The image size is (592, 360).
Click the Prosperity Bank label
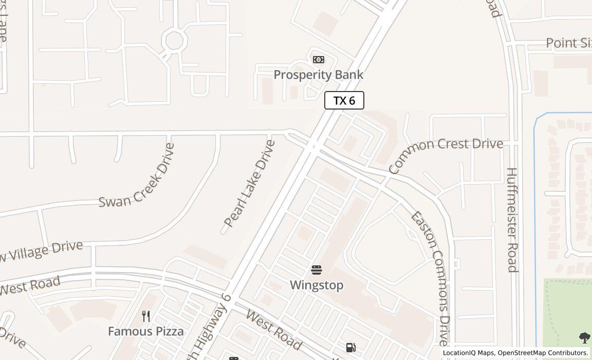(318, 75)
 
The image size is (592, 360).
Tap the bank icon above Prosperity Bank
(319, 60)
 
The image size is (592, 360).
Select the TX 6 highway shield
(344, 100)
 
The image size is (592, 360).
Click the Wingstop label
(316, 285)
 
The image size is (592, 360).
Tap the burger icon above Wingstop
(317, 270)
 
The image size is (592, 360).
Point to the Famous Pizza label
(146, 331)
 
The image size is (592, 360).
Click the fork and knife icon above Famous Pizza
(146, 316)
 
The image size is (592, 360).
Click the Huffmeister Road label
(512, 220)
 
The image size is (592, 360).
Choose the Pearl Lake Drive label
(250, 183)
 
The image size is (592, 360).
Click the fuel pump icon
(351, 348)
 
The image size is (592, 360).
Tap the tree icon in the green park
(584, 337)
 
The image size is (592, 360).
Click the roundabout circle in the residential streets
(174, 40)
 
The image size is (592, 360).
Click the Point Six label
(568, 43)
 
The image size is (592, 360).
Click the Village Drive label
(41, 251)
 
